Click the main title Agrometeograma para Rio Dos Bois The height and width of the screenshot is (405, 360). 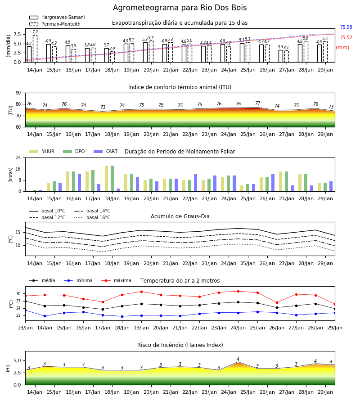pyautogui.click(x=180, y=8)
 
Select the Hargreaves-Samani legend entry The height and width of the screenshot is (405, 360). pyautogui.click(x=57, y=17)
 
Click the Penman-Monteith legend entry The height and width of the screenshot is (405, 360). pyautogui.click(x=55, y=24)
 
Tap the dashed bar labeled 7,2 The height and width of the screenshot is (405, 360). pyautogui.click(x=35, y=49)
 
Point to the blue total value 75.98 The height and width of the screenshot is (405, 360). pyautogui.click(x=346, y=27)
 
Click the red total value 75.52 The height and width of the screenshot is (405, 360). pyautogui.click(x=346, y=37)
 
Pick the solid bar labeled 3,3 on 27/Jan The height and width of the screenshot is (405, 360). pyautogui.click(x=281, y=56)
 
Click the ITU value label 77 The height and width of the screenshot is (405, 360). pyautogui.click(x=257, y=103)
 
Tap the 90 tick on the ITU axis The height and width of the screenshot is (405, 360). pyautogui.click(x=18, y=93)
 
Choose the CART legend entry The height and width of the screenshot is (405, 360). pyautogui.click(x=106, y=151)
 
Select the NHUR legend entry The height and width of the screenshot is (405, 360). pyautogui.click(x=42, y=151)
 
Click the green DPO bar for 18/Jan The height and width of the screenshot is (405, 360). pyautogui.click(x=112, y=179)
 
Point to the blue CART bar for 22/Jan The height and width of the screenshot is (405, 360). pyautogui.click(x=195, y=183)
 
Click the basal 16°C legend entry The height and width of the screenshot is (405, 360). pyautogui.click(x=92, y=217)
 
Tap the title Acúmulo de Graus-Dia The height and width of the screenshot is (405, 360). pyautogui.click(x=180, y=216)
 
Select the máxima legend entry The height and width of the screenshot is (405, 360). pyautogui.click(x=116, y=280)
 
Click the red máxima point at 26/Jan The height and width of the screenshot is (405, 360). pyautogui.click(x=277, y=302)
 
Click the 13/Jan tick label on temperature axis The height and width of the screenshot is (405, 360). pyautogui.click(x=25, y=328)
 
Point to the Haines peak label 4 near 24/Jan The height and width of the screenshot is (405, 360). pyautogui.click(x=238, y=359)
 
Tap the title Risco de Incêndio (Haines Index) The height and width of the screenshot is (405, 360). pyautogui.click(x=180, y=345)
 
